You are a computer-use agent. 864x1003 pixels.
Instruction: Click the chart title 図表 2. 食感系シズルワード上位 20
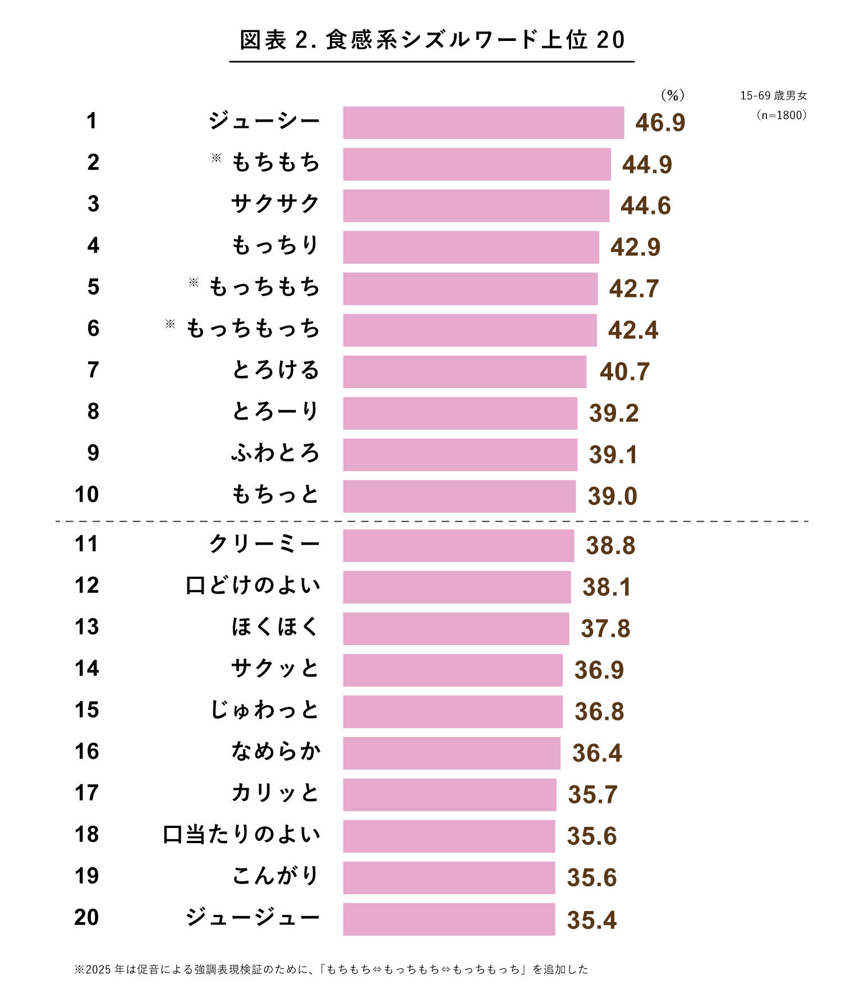[x=431, y=40]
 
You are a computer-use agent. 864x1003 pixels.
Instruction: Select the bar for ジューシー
[x=483, y=122]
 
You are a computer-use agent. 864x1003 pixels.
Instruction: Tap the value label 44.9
[x=647, y=164]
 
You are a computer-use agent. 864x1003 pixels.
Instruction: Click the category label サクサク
[x=275, y=204]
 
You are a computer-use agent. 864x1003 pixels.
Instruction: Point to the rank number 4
[x=93, y=245]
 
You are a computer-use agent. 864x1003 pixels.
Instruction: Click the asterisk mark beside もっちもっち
[x=170, y=324]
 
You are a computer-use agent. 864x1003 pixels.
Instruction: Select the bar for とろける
[x=465, y=371]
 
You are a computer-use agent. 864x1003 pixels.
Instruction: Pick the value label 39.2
[x=614, y=413]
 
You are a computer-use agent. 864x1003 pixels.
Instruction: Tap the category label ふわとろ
[x=275, y=453]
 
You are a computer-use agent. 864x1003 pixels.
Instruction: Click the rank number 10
[x=87, y=494]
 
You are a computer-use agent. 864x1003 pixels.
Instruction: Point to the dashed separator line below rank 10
[x=431, y=521]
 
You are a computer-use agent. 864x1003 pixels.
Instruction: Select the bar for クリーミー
[x=458, y=545]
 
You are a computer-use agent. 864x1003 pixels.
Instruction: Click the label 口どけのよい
[x=253, y=585]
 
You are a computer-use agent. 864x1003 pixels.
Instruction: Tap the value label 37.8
[x=605, y=628]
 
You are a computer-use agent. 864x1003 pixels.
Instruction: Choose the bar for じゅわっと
[x=453, y=711]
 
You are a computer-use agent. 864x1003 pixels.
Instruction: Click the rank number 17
[x=87, y=793]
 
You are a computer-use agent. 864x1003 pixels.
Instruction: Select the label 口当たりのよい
[x=242, y=834]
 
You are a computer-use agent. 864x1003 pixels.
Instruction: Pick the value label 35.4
[x=591, y=920]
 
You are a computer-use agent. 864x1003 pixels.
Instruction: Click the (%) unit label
[x=673, y=95]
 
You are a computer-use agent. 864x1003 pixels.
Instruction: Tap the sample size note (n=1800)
[x=782, y=115]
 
